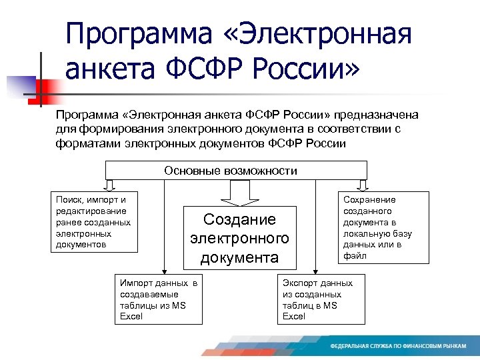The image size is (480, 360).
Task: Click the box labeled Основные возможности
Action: pos(231,171)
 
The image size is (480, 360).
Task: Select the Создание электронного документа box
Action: pos(239,238)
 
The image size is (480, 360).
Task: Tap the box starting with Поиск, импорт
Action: pos(95,223)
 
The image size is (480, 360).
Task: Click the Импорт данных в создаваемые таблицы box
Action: pos(158,299)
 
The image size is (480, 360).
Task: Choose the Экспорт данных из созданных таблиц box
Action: pos(321,299)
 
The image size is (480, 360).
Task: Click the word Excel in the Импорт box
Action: pos(131,316)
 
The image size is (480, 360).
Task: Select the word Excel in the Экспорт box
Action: pos(294,316)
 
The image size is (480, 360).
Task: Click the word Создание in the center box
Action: pos(239,220)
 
